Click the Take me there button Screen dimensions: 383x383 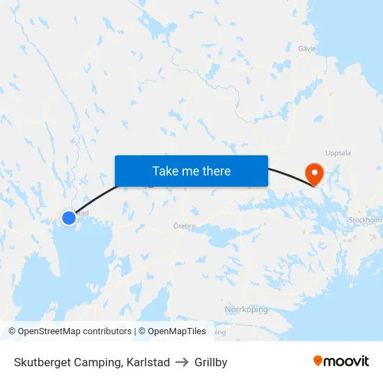tap(191, 171)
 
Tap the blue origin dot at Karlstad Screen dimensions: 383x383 tap(69, 218)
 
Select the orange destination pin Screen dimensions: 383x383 tap(315, 174)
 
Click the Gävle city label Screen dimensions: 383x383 tap(307, 49)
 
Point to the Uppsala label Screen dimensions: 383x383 tap(338, 153)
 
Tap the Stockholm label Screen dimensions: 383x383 tap(365, 220)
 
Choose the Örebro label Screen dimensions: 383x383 tap(185, 226)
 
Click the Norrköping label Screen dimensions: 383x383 tap(246, 309)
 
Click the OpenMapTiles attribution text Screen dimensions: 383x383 tap(176, 331)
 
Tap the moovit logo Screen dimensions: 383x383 tap(341, 361)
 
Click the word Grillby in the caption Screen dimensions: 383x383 tap(211, 362)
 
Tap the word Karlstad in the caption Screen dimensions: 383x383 tap(148, 362)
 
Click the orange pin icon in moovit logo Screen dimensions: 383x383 tap(318, 361)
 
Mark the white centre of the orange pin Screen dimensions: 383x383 tap(315, 171)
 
